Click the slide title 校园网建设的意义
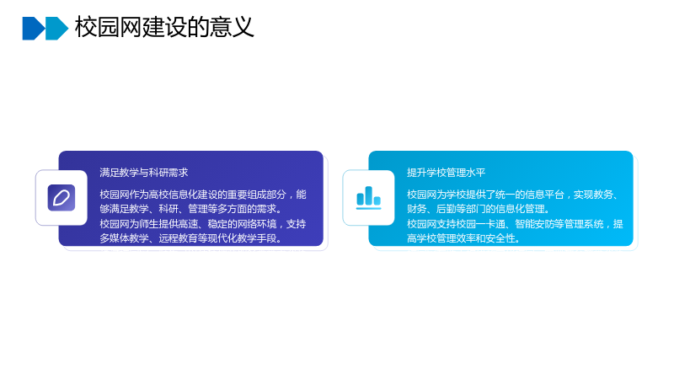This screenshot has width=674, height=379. pos(164,27)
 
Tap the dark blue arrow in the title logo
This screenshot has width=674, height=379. pos(34,29)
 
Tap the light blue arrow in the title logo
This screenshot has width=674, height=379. pos(56,29)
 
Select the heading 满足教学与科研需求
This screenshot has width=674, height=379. pos(143,173)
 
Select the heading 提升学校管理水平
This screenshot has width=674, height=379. pos(447,173)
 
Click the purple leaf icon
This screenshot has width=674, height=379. pos(62,198)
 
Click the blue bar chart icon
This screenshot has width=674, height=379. pos(368,198)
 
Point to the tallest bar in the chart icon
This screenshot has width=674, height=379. pos(368,195)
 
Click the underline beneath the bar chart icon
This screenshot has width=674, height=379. pos(368,208)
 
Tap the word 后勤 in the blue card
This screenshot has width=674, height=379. pos(446,209)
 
